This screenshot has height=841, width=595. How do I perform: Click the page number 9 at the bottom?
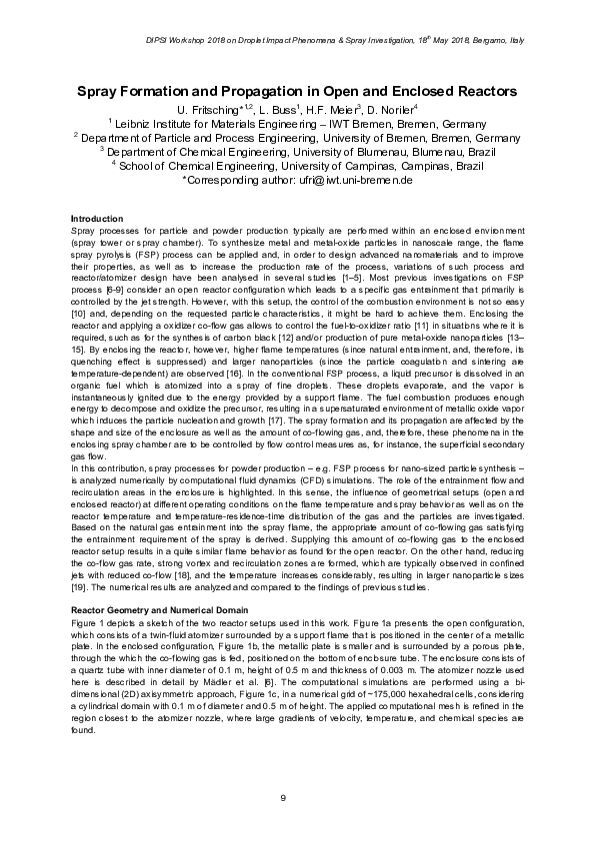pyautogui.click(x=283, y=797)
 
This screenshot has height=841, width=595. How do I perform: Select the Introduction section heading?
pyautogui.click(x=96, y=218)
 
